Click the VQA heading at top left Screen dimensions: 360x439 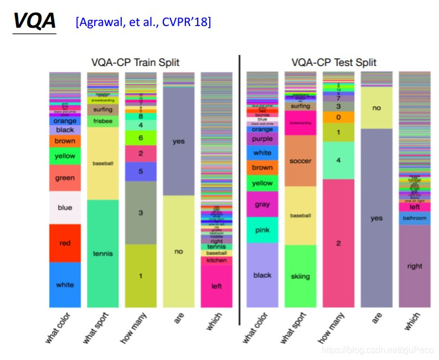point(34,20)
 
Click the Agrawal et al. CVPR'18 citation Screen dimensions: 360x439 point(143,22)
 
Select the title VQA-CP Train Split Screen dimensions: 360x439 point(135,63)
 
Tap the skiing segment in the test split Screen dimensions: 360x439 point(300,276)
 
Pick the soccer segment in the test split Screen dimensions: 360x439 point(300,161)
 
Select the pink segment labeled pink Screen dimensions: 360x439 point(262,230)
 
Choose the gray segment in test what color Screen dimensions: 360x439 point(262,204)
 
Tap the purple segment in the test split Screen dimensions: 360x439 point(262,140)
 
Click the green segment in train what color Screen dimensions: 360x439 point(65,178)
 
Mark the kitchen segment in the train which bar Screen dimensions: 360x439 point(216,260)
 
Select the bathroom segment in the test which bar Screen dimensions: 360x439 point(415,218)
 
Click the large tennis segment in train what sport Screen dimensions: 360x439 point(102,254)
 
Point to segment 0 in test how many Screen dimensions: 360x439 point(338,117)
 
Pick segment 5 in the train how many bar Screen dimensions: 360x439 point(141,172)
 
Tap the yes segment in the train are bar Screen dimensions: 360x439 point(178,141)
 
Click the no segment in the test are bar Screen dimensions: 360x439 point(376,108)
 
